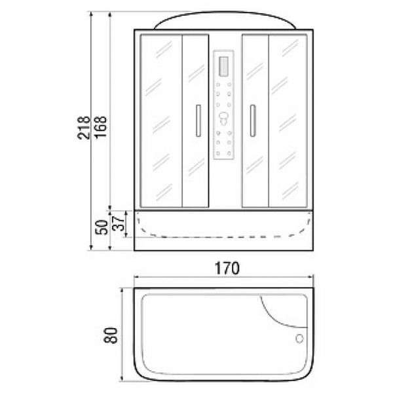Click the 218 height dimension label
click(83, 128)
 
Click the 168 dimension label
click(100, 127)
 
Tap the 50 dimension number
click(102, 227)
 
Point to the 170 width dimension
click(227, 268)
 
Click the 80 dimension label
click(110, 335)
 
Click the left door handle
click(198, 121)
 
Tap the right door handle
click(253, 121)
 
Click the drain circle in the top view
click(299, 339)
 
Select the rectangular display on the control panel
click(223, 66)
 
